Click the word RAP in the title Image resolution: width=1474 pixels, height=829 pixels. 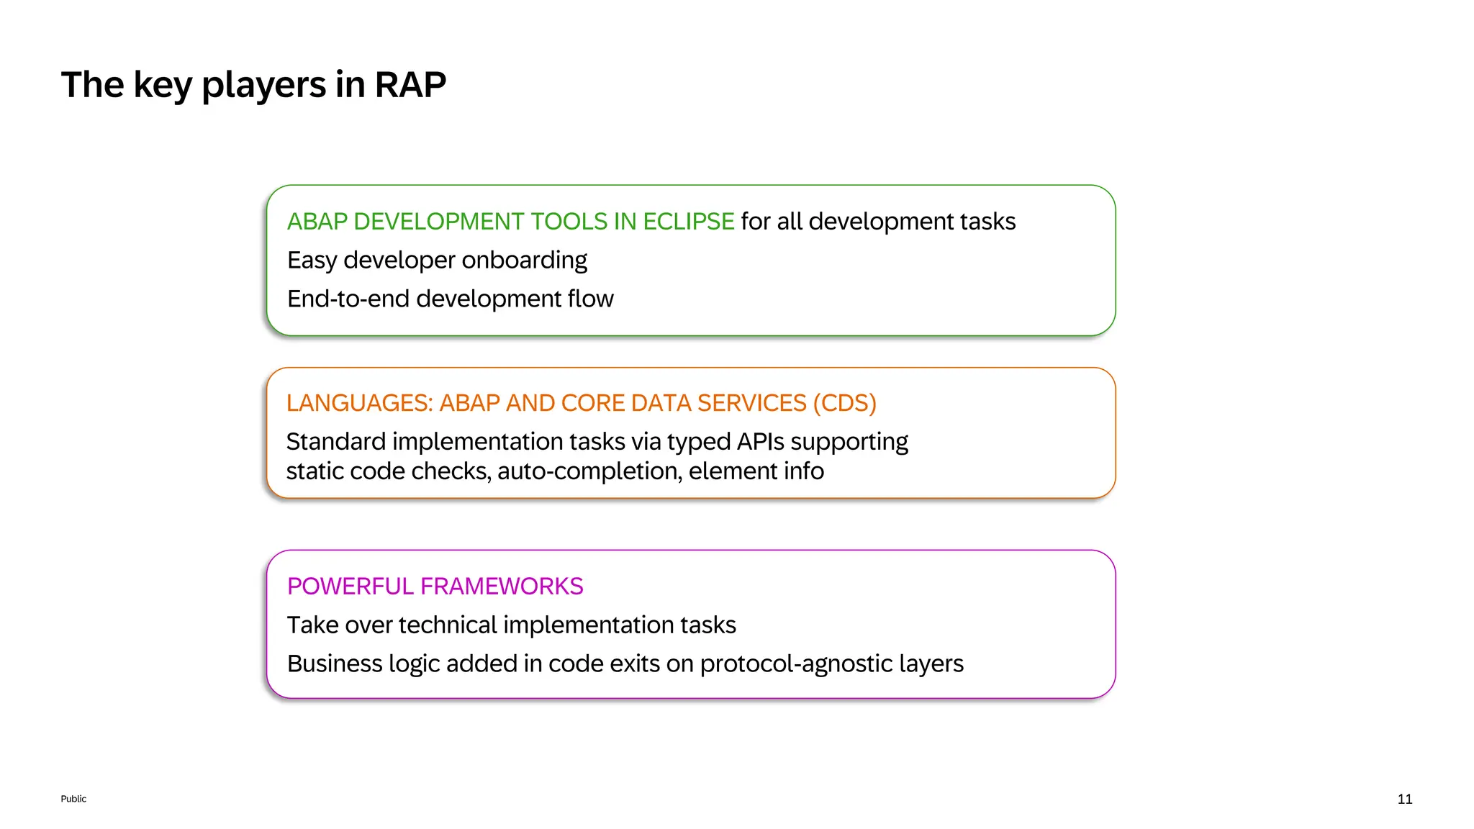[x=410, y=85]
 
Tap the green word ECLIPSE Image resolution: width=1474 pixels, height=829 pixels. [x=688, y=222]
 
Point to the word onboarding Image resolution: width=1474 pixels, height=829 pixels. [x=524, y=261]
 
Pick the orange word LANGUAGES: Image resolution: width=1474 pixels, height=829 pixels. [x=359, y=403]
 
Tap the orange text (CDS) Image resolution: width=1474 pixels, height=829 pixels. [x=844, y=403]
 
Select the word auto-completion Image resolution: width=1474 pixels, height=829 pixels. [x=589, y=471]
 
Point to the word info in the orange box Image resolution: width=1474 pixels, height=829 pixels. [x=804, y=471]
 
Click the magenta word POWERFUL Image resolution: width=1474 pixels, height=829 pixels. [x=350, y=586]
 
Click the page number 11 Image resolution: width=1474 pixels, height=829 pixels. [x=1404, y=799]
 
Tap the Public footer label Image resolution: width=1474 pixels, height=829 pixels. [x=73, y=799]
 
